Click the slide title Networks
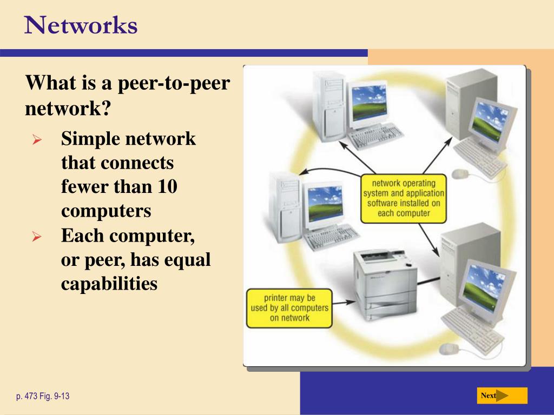coord(81,25)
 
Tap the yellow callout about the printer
coord(289,308)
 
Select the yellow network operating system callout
coord(404,198)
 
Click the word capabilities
coord(109,283)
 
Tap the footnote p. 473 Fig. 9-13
coord(43,397)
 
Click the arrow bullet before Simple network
coord(37,140)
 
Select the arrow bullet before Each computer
coord(37,237)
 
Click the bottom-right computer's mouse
coord(449,349)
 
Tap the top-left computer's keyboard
coord(375,135)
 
